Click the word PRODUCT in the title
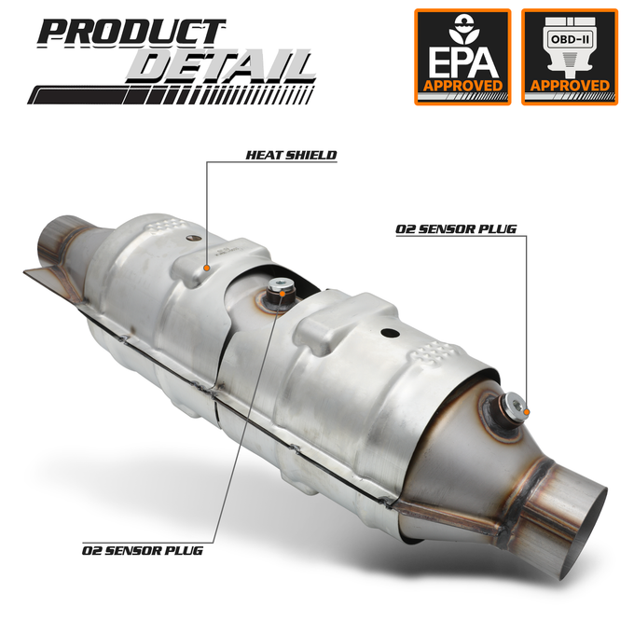click(x=131, y=32)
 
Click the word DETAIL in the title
click(x=220, y=66)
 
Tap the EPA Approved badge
click(x=462, y=57)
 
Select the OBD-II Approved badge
click(x=570, y=57)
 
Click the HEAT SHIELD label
click(x=291, y=156)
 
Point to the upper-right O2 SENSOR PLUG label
click(x=456, y=229)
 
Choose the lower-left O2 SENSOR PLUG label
click(x=143, y=551)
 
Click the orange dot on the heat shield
click(x=207, y=268)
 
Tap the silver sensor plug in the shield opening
click(x=280, y=288)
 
